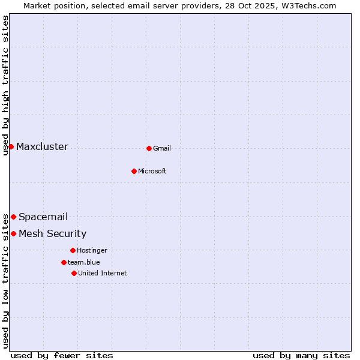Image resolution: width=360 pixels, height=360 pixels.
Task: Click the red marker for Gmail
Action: point(149,148)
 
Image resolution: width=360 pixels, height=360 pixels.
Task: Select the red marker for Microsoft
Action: point(134,171)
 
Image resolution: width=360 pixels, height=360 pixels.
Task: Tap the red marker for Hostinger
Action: point(73,250)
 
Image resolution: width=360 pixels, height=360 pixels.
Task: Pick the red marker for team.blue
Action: point(64,262)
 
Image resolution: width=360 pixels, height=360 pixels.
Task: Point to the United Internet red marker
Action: point(74,273)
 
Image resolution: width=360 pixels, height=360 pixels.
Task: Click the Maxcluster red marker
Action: point(11,146)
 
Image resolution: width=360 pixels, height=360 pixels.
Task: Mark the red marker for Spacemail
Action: point(13,217)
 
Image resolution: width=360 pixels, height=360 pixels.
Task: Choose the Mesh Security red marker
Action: point(13,233)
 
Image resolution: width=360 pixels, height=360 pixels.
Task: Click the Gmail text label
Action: point(162,149)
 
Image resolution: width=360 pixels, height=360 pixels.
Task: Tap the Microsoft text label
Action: point(152,172)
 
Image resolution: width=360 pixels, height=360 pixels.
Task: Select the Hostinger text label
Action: point(92,251)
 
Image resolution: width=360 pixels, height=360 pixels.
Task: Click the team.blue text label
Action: point(84,263)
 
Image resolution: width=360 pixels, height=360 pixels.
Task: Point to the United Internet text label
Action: point(103,274)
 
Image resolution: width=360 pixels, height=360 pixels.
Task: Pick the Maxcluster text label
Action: point(42,147)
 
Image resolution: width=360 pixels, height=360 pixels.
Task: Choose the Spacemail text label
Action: point(43,217)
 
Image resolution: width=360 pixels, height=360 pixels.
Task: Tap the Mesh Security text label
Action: point(52,234)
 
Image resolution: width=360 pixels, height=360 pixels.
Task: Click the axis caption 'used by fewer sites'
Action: point(62,356)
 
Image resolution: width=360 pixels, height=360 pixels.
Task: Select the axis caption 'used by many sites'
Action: point(301,356)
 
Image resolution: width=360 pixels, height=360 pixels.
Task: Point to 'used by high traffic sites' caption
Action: point(5,85)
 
